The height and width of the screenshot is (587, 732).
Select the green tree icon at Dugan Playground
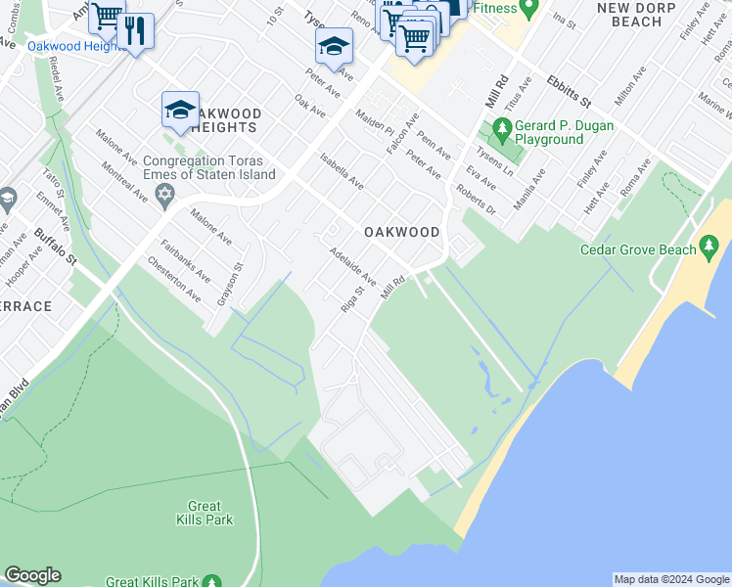502,128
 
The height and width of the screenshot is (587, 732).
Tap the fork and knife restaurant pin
135,30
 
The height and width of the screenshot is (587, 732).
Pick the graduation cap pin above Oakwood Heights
181,111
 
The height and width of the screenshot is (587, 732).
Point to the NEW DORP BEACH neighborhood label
630,14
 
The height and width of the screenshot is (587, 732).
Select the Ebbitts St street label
570,89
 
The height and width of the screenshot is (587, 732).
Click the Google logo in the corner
32,575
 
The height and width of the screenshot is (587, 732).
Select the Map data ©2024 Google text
671,579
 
